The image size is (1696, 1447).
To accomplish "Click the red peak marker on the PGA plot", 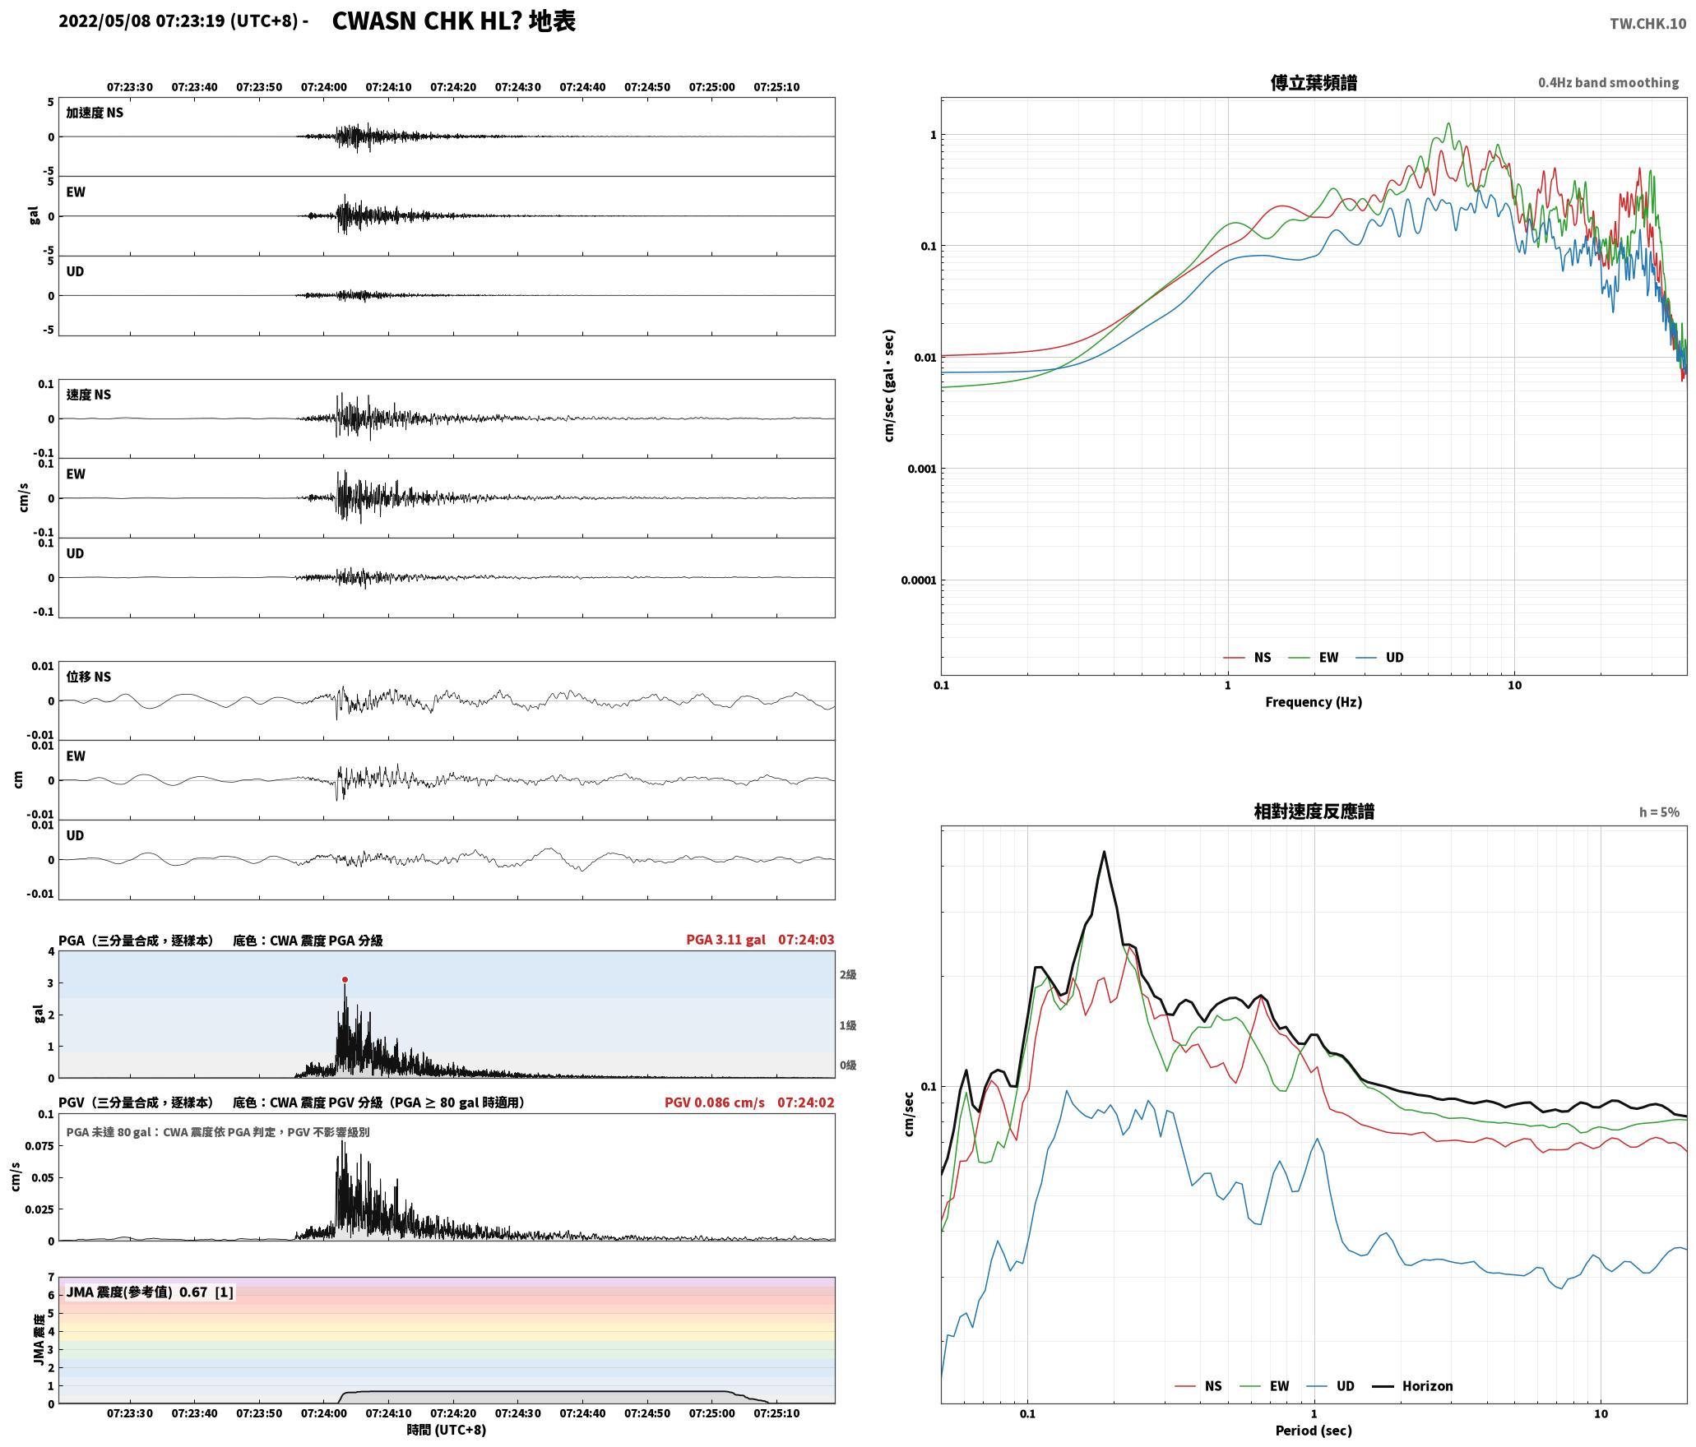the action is [x=345, y=979].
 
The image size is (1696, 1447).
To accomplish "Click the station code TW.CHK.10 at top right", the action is [x=1647, y=24].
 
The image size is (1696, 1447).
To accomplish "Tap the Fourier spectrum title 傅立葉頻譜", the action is [x=1314, y=83].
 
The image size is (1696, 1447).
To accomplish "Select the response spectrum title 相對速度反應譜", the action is [x=1314, y=811].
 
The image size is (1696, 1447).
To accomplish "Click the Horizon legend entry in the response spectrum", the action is [x=1413, y=1385].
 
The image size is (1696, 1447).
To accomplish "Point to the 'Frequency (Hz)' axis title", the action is [x=1314, y=701].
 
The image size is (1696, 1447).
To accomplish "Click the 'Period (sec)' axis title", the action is [x=1314, y=1430].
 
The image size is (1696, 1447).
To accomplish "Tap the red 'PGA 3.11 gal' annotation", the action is [x=725, y=940].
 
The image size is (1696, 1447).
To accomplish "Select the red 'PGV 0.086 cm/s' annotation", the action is [x=714, y=1102].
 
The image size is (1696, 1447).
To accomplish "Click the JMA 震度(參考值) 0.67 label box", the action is [x=150, y=1292].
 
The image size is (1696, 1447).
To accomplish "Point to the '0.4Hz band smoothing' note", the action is [x=1608, y=83].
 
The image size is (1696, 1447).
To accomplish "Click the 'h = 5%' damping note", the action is [x=1659, y=812].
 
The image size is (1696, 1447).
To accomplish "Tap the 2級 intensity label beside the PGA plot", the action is [x=848, y=974].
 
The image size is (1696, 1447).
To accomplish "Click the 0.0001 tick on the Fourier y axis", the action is [x=918, y=580].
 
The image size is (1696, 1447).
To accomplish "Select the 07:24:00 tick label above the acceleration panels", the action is [x=324, y=87].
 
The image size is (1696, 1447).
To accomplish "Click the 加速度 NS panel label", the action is [x=95, y=113].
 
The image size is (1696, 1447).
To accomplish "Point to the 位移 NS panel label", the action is [x=89, y=677].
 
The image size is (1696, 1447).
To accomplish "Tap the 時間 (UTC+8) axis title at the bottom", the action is [x=446, y=1430].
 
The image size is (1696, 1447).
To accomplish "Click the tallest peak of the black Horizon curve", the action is [x=1104, y=852].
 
